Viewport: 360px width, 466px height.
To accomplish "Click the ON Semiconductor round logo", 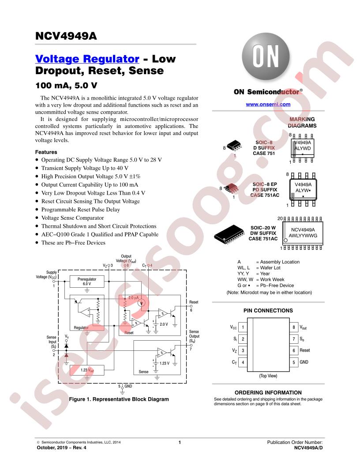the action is [x=266, y=56].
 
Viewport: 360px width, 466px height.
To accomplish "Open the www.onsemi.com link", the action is [x=268, y=104].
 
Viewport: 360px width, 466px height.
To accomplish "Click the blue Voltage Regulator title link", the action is [x=87, y=59].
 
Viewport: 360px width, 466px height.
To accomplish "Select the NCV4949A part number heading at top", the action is [x=66, y=36].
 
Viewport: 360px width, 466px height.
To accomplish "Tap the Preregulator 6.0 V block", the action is [x=87, y=282].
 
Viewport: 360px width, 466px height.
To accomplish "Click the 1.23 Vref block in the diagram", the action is [x=87, y=370].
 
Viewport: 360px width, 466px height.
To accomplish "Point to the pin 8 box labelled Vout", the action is [x=293, y=327].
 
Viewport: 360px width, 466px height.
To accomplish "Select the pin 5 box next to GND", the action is [x=293, y=362].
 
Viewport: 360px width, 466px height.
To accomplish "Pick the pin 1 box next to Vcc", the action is [x=243, y=327].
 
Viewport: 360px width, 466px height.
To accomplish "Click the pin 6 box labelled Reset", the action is [x=293, y=351].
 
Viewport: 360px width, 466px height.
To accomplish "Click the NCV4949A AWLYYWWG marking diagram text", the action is [x=303, y=233].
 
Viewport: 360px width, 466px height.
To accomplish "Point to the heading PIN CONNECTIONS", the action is [x=268, y=311].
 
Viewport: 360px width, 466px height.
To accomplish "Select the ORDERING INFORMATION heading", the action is [x=268, y=393].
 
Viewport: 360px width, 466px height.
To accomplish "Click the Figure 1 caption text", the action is [x=119, y=399].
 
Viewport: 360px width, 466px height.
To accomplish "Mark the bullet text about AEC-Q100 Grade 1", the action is [x=100, y=234].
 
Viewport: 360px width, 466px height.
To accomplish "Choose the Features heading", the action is [x=46, y=152].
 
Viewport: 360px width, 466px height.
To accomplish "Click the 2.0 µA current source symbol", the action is [x=142, y=303].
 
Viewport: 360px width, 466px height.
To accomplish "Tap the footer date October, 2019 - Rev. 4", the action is [x=61, y=447].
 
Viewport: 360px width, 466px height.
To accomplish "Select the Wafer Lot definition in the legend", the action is [x=259, y=268].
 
